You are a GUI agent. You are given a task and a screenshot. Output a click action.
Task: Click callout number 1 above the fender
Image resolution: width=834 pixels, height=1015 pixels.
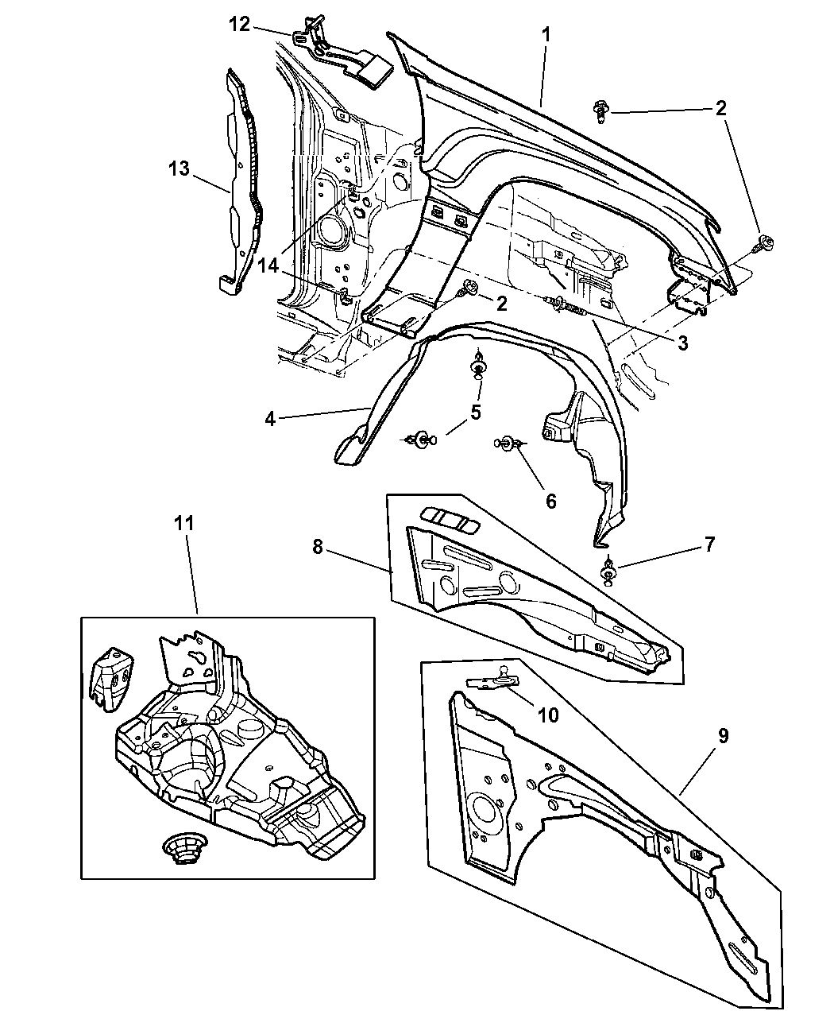(x=546, y=36)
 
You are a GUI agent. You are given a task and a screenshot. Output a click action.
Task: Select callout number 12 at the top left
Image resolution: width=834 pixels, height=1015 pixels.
(x=239, y=25)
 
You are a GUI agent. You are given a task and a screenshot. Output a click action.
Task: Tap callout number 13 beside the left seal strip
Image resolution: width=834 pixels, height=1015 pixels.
(x=179, y=169)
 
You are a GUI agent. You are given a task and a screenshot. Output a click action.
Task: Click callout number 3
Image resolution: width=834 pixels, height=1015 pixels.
(x=682, y=344)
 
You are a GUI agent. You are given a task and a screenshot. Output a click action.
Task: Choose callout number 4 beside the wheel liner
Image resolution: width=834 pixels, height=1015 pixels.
(x=270, y=418)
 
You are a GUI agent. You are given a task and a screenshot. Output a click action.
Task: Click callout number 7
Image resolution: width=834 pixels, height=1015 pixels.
(x=709, y=544)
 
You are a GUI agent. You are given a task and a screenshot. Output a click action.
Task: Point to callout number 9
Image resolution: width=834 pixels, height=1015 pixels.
(x=723, y=736)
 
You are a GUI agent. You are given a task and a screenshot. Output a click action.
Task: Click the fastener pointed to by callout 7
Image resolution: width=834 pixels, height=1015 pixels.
(x=608, y=571)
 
